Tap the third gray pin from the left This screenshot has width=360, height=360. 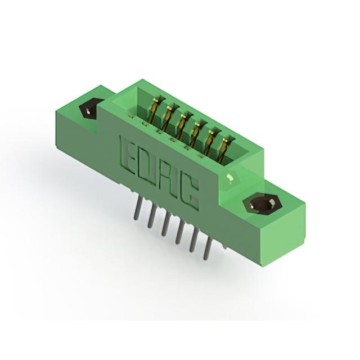(165, 224)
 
